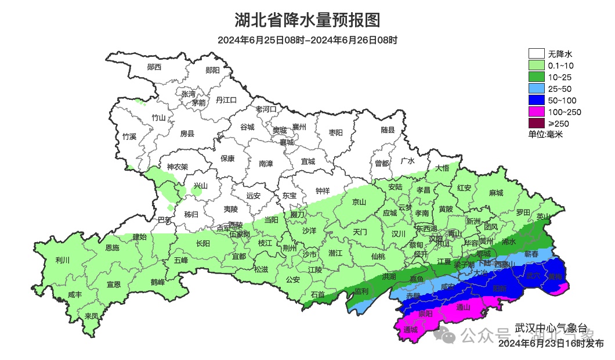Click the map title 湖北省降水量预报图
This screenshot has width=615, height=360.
[307, 20]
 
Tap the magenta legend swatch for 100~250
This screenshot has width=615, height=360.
[537, 111]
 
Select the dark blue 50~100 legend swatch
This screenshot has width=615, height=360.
[537, 100]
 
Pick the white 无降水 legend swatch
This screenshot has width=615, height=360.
[537, 53]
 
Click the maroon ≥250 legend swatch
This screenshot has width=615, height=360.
[537, 123]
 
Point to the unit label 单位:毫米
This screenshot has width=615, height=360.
[545, 135]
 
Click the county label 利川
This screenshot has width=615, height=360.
[62, 260]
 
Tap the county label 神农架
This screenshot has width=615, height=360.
[178, 167]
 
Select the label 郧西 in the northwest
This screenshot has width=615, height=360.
[154, 67]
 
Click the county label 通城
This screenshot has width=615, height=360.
[410, 330]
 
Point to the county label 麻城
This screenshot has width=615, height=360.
[495, 193]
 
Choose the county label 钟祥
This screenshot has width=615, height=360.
[323, 190]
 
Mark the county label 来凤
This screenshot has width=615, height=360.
[91, 316]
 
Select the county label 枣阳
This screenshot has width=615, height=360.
[336, 132]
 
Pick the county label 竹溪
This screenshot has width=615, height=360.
[129, 137]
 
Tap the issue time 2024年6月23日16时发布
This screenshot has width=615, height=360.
[551, 344]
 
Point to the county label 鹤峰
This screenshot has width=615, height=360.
[158, 282]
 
